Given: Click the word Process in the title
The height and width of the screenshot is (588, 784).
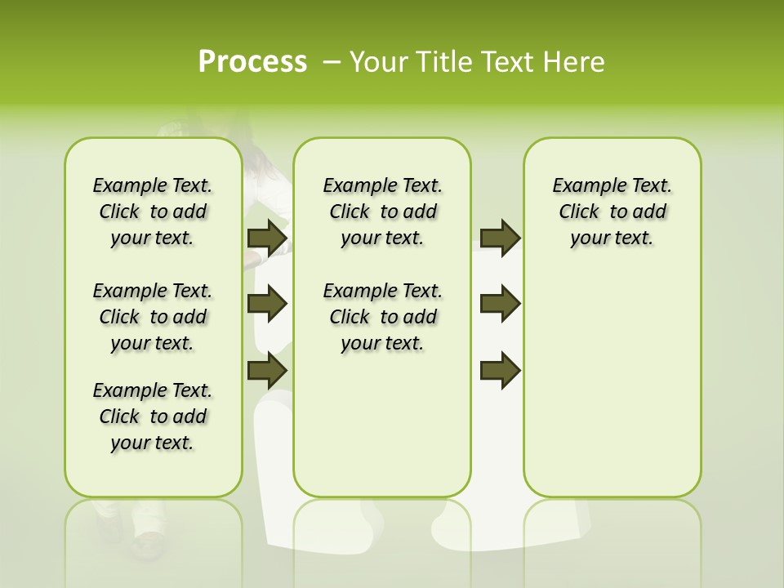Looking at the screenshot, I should point(252,61).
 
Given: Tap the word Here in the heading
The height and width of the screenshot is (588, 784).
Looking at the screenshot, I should point(575,61).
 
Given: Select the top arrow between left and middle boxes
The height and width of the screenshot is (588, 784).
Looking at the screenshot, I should point(267,238).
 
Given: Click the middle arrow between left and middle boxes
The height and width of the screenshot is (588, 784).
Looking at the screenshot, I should point(267,304).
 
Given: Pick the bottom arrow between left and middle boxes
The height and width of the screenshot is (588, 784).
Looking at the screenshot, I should point(267,371).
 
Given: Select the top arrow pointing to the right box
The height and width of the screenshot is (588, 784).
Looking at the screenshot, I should point(500,238).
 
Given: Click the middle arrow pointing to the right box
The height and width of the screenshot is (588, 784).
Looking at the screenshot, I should point(500,304).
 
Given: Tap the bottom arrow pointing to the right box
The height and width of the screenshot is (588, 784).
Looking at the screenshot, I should point(500,371).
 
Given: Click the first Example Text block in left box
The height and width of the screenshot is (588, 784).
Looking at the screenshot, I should point(153,212).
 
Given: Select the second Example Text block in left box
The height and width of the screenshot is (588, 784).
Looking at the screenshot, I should point(153,317).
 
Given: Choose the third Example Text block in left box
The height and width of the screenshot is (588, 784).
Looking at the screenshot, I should point(153,416).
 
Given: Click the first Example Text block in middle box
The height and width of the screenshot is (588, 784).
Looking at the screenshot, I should point(382,212).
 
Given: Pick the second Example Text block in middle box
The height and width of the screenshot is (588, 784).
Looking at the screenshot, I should point(382,317).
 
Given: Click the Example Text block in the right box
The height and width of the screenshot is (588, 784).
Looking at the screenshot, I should point(612,212).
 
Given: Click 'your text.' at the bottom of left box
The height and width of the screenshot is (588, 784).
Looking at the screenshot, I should point(153,443).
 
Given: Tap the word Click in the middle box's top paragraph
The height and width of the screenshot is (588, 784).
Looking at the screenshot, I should point(350,212).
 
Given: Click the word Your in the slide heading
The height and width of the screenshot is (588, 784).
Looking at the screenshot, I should point(373,61).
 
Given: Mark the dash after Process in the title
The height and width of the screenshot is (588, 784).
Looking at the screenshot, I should point(332,61).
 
